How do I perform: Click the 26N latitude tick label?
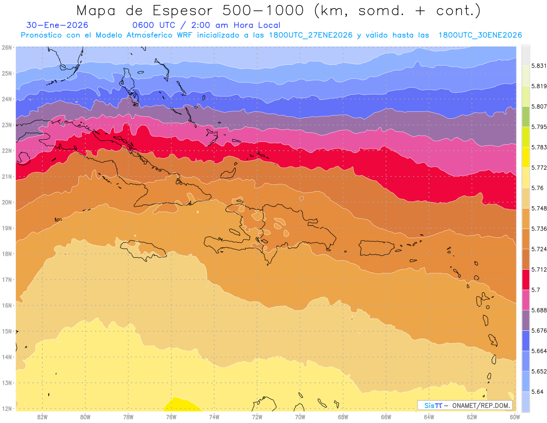pyautogui.click(x=6, y=47)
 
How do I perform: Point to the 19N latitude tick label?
pyautogui.click(x=6, y=228)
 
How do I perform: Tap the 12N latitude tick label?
pyautogui.click(x=6, y=408)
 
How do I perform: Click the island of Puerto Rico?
pyautogui.click(x=377, y=248)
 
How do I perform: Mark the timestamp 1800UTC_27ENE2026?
pyautogui.click(x=310, y=35)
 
